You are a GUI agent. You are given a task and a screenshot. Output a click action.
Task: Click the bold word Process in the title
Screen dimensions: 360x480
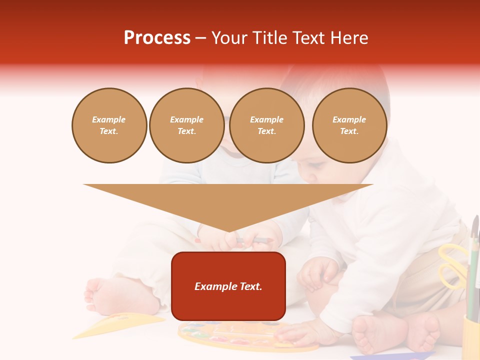point(157,38)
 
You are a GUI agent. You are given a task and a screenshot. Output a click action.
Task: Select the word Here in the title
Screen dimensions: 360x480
point(347,38)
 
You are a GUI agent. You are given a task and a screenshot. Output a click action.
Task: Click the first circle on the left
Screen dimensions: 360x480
point(109,125)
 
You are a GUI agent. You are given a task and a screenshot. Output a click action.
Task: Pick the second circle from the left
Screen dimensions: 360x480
point(186,125)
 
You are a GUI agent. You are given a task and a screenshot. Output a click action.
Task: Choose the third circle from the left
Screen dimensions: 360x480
point(266,125)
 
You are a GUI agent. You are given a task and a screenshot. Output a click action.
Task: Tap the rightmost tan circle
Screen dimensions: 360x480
point(349,125)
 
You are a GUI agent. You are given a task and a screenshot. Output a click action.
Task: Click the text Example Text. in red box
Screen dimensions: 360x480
point(228,286)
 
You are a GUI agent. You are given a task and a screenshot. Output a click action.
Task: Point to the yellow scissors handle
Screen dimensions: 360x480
point(452,265)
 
